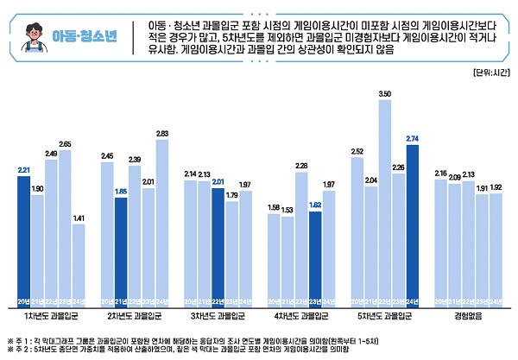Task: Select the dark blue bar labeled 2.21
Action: (x=23, y=241)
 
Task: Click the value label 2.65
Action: (x=66, y=143)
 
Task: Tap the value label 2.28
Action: (x=301, y=165)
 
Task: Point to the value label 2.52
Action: (x=357, y=150)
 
